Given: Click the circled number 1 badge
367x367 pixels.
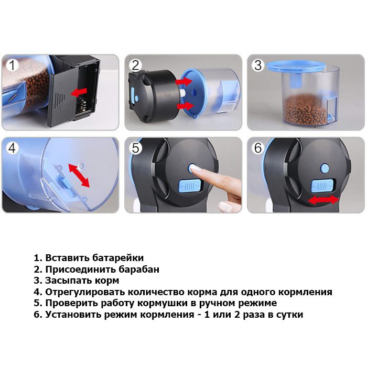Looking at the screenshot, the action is [x=12, y=65].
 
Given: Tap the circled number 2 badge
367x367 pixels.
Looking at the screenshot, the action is [x=135, y=66].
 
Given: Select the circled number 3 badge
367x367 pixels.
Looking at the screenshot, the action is [x=258, y=66].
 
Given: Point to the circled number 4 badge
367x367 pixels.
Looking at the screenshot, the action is [x=12, y=148].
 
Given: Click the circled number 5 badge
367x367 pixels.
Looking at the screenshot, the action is [x=135, y=148].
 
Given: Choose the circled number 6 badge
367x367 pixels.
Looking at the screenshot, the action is [x=258, y=148].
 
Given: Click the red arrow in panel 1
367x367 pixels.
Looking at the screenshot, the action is [x=79, y=92].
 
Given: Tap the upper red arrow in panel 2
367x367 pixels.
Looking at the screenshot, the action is [x=184, y=81].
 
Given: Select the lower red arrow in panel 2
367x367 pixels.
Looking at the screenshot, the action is [x=185, y=106].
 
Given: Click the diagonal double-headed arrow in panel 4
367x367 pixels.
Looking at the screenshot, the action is [x=79, y=176].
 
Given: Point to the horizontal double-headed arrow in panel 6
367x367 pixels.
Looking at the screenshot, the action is [x=323, y=200].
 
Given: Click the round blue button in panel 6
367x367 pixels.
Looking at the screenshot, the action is [x=325, y=168].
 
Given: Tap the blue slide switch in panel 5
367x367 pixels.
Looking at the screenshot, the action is [x=190, y=186].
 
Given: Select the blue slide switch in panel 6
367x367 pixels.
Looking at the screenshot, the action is [x=322, y=186].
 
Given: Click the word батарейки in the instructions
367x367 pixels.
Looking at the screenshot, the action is [x=118, y=258].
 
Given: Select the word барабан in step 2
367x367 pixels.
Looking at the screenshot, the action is [x=139, y=269].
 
